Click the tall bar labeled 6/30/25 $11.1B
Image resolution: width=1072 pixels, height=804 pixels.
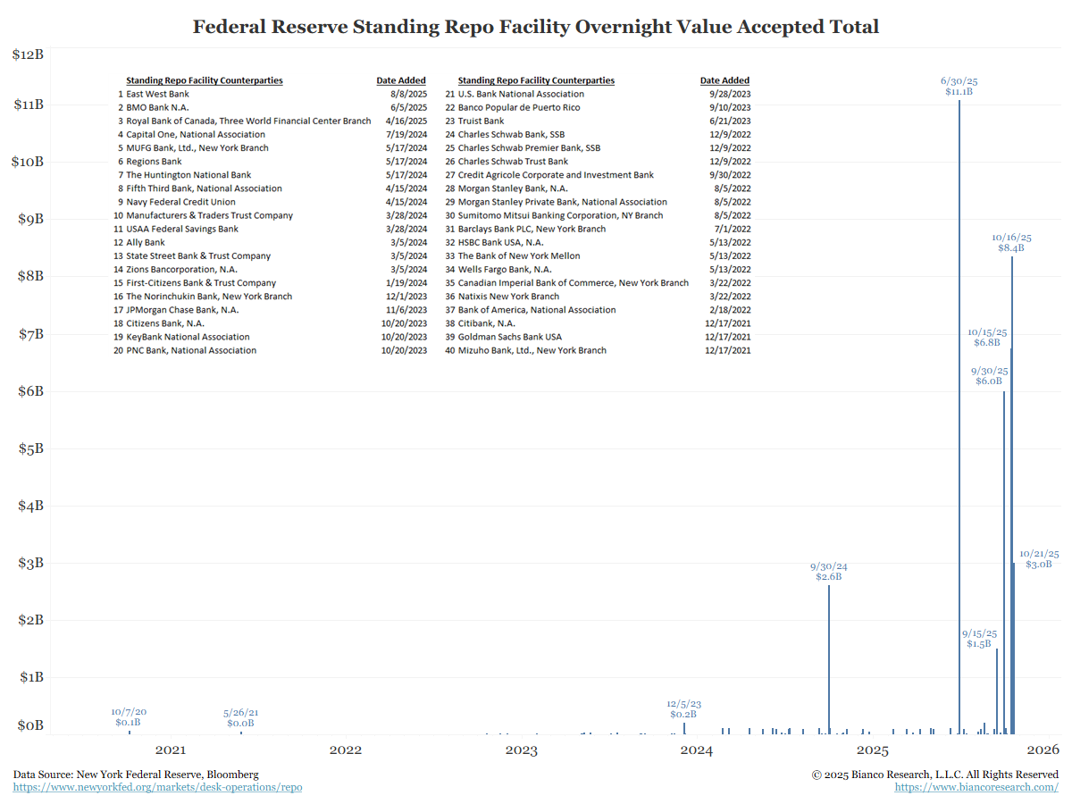point(959,411)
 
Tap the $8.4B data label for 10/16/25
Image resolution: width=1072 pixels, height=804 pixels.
point(1011,247)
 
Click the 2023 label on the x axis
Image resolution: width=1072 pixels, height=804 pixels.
point(521,750)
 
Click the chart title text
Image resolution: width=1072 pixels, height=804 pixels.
point(536,27)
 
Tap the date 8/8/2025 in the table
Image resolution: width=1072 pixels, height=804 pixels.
point(408,94)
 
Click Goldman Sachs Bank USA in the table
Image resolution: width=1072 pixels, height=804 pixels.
point(510,337)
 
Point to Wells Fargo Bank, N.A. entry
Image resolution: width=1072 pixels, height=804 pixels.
point(505,269)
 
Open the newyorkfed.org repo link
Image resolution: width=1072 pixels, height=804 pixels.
point(157,787)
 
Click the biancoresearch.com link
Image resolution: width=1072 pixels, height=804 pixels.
point(976,787)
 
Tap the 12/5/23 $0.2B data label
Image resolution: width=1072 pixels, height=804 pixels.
point(683,708)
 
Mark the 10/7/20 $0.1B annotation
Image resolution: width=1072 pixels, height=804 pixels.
point(129,716)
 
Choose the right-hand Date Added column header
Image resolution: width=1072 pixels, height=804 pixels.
point(724,80)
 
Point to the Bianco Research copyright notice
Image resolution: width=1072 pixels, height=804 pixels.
point(934,774)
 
